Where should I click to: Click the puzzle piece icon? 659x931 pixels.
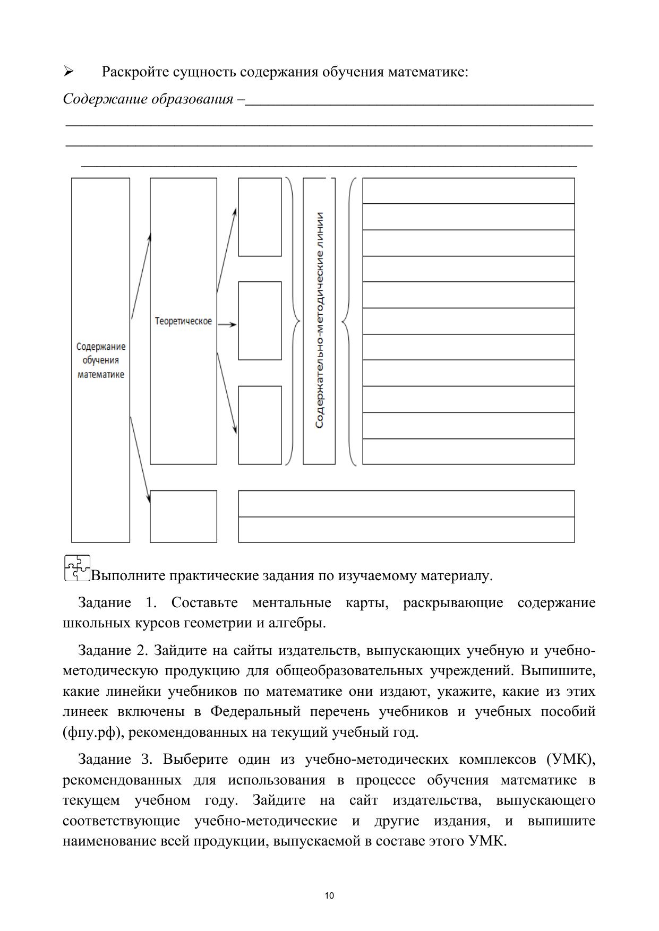(76, 568)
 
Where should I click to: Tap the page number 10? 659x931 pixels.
(329, 896)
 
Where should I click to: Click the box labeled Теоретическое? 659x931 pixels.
(183, 321)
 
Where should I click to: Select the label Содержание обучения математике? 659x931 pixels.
(101, 360)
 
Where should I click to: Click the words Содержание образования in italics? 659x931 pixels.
(148, 99)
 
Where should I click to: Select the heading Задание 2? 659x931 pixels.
(112, 650)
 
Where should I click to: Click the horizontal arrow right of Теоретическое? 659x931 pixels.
(227, 324)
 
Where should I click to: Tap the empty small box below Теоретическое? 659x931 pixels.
(183, 516)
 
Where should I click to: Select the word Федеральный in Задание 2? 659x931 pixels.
(255, 712)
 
